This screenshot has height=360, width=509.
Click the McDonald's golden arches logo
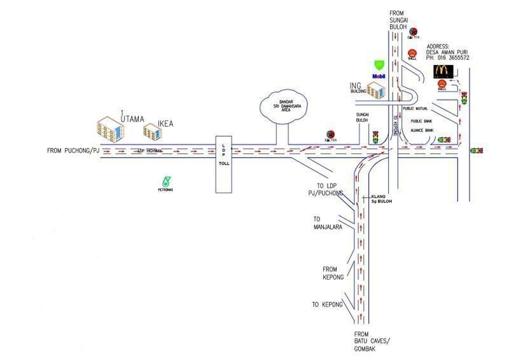click(442, 70)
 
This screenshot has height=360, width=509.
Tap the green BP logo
click(380, 64)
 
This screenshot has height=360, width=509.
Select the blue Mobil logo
click(379, 76)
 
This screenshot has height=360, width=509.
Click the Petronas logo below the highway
click(166, 181)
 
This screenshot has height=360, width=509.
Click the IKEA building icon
click(151, 131)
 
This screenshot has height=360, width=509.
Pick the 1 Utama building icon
click(110, 128)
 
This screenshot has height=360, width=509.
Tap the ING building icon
click(376, 92)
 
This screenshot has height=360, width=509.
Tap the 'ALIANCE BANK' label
click(421, 130)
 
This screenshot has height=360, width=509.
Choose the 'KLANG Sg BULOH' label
click(381, 198)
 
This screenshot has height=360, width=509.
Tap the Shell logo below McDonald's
click(442, 84)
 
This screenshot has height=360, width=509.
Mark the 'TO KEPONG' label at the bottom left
click(327, 305)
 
